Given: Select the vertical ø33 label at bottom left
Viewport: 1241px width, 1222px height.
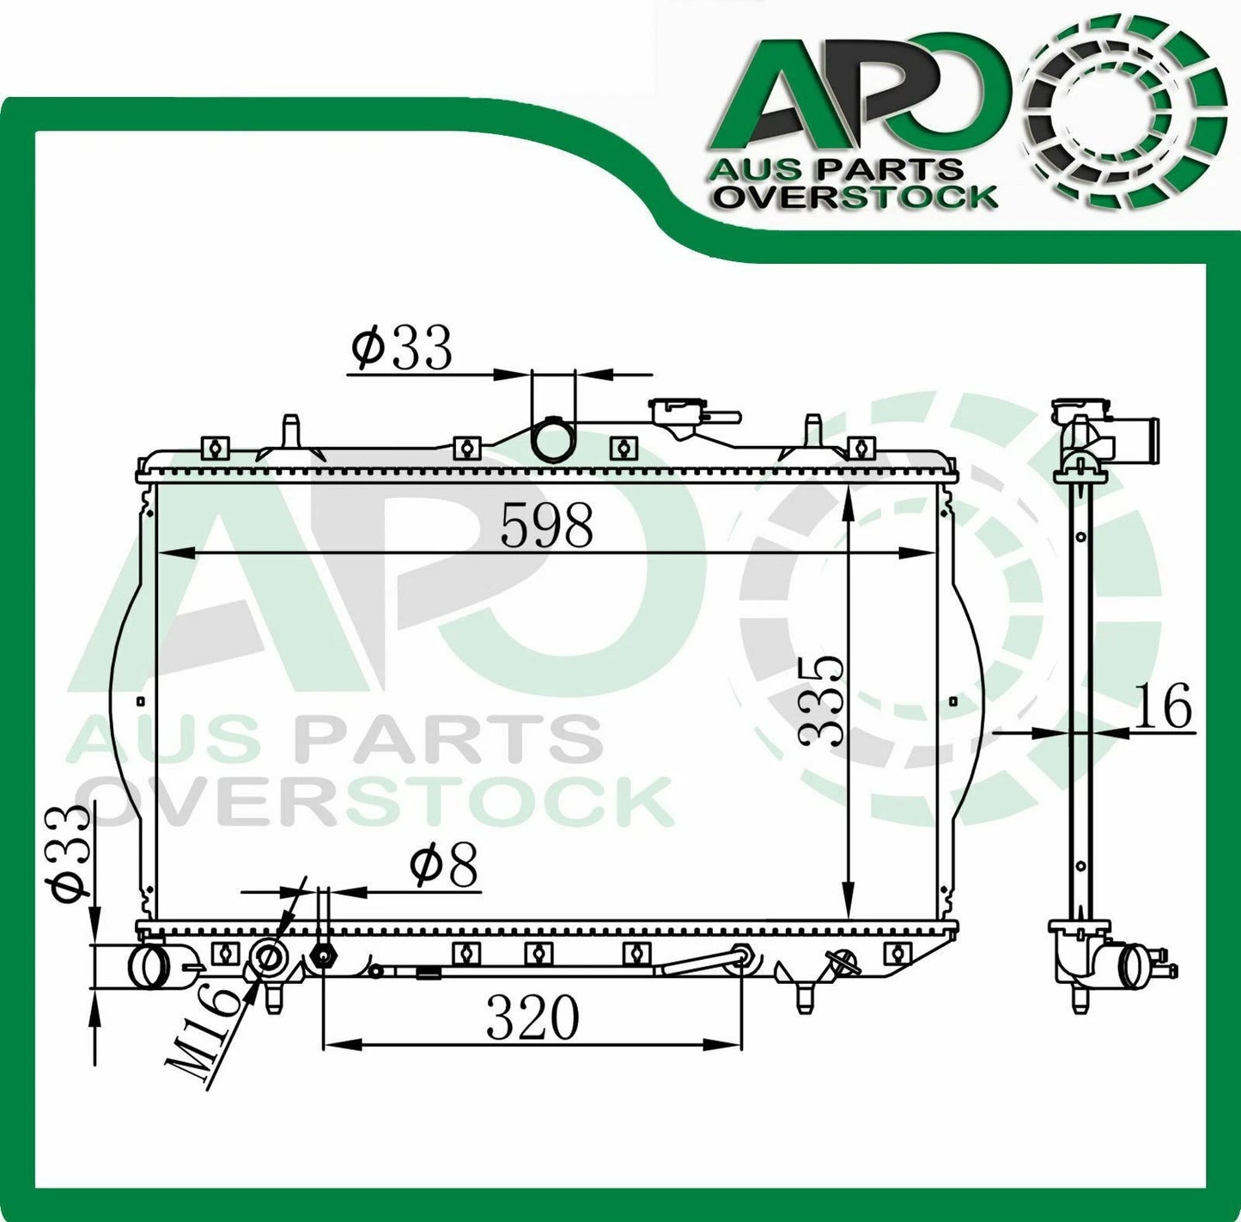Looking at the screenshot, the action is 71,853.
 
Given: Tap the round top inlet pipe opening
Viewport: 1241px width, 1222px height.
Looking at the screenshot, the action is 553,440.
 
